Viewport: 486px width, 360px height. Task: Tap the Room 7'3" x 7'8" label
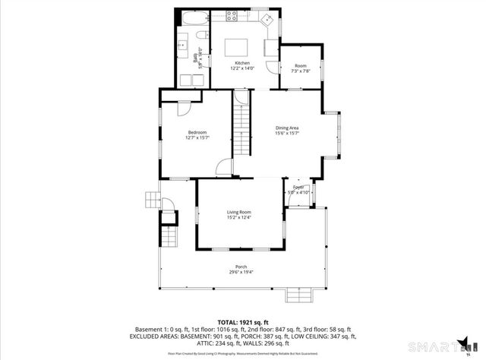tap(301, 68)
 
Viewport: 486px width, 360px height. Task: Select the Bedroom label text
tap(197, 133)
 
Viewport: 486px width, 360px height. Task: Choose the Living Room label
tap(239, 214)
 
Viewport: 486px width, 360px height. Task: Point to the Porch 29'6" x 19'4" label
tap(241, 269)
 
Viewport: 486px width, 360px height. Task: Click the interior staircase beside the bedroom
tap(241, 129)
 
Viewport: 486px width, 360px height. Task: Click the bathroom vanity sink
tap(183, 46)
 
